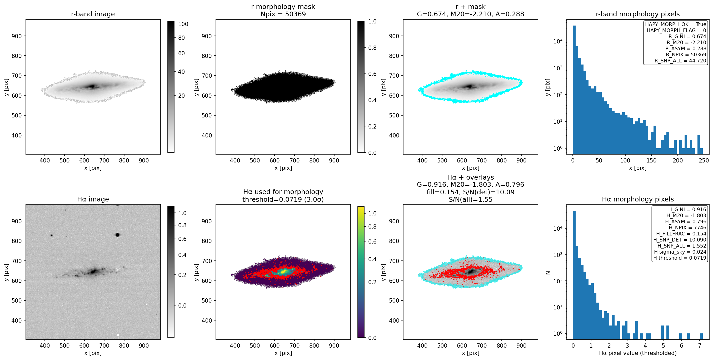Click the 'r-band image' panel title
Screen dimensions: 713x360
93,14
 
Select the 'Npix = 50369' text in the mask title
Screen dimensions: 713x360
283,14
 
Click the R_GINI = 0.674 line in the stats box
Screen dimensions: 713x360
687,36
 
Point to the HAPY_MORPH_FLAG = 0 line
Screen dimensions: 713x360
676,30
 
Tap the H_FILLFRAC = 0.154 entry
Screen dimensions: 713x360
681,233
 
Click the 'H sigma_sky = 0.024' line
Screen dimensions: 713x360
680,252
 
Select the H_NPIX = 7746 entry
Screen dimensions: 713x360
687,227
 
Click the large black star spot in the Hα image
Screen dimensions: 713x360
117,235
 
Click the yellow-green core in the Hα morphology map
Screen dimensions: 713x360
283,272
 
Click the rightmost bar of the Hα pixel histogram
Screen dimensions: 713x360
701,337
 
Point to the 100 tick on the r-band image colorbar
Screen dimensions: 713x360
183,24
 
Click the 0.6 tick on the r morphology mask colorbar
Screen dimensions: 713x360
372,74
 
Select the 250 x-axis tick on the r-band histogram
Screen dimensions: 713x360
704,160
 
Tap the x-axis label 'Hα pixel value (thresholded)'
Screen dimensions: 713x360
638,353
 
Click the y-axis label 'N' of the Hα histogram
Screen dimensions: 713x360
548,273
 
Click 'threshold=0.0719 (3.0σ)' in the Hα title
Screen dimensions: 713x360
283,199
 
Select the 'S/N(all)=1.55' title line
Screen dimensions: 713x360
471,199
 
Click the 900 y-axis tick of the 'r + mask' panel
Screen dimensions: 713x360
394,36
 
